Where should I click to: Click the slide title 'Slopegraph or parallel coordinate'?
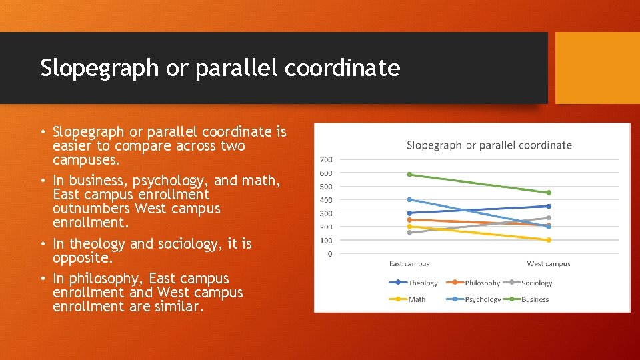220,68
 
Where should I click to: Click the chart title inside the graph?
489,145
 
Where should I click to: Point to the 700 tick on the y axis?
326,159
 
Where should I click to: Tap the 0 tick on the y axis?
329,254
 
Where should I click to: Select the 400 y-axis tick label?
326,200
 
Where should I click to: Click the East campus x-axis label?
409,264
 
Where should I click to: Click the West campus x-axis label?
548,264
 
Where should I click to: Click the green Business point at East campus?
409,175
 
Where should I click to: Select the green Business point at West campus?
548,193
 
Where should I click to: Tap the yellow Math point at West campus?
548,240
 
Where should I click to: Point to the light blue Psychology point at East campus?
409,199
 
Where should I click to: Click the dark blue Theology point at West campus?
548,207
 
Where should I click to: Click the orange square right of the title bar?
597,68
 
